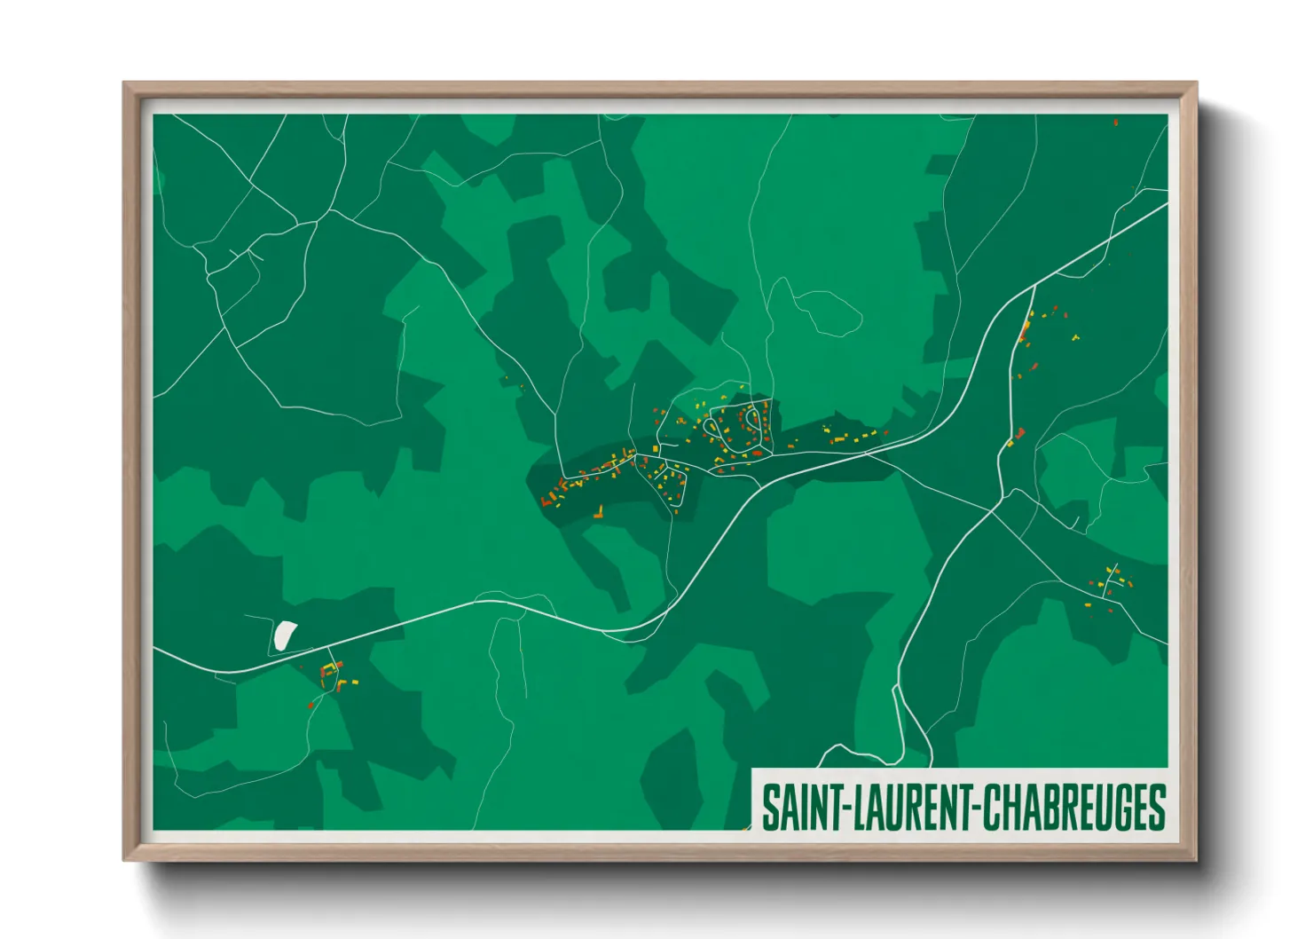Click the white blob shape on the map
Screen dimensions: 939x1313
[x=284, y=634]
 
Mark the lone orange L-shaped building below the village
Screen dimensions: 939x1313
[x=600, y=512]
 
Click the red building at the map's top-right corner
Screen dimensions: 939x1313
[x=1115, y=122]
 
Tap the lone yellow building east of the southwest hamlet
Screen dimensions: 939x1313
[x=356, y=683]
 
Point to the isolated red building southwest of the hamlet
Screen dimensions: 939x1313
[x=311, y=705]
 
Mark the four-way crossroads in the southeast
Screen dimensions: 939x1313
[x=994, y=512]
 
